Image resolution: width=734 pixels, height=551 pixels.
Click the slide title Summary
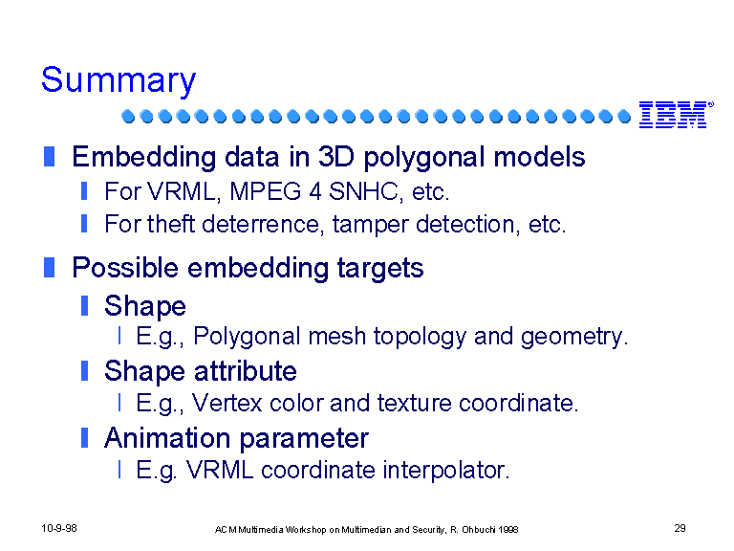coord(119,80)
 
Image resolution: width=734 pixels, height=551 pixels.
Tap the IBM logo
coord(677,115)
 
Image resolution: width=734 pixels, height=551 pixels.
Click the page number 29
coord(680,528)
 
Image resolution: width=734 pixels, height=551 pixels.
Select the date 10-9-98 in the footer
coord(59,528)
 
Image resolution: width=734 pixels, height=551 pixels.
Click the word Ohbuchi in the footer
coord(479,530)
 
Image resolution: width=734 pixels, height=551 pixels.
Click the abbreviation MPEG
coord(265,191)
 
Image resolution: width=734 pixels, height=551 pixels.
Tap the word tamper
coord(370,225)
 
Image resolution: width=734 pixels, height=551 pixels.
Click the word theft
coord(170,224)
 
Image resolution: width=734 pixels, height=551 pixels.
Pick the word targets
coord(380,269)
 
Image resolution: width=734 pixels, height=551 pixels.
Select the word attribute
coord(246,371)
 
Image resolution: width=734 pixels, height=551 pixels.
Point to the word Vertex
coord(227,403)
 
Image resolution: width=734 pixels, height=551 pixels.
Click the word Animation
coord(167,438)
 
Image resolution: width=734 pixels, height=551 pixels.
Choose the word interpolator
coord(446,471)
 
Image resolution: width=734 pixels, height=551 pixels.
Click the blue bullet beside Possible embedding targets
coord(49,268)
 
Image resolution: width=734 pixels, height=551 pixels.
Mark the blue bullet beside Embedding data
coord(49,157)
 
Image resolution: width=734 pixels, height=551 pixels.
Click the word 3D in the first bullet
coord(336,157)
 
